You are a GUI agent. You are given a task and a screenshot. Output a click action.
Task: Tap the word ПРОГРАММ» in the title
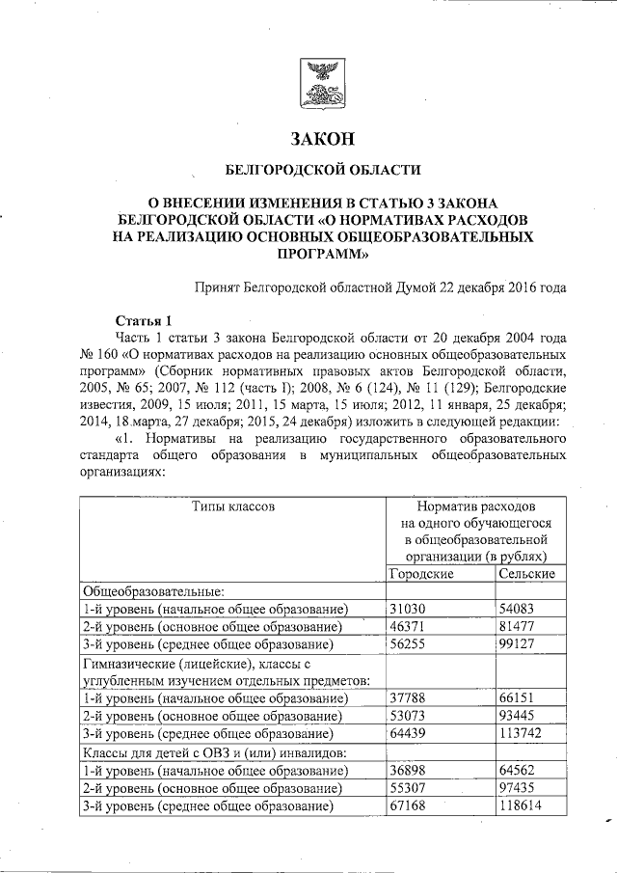coord(321,256)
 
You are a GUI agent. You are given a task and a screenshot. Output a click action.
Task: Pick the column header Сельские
coord(526,574)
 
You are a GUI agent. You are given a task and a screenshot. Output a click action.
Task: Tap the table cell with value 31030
coord(407,609)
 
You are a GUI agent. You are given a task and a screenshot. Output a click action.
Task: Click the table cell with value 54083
coord(516,609)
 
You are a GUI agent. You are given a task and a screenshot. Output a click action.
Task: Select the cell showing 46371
coord(407,626)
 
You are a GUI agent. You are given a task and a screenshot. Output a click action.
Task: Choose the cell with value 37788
coord(407,698)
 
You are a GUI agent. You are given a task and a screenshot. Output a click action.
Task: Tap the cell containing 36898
coord(407,770)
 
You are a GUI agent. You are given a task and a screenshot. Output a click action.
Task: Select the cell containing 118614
coord(521,805)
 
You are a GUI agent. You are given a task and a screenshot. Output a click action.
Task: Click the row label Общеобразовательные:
coord(153,591)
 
